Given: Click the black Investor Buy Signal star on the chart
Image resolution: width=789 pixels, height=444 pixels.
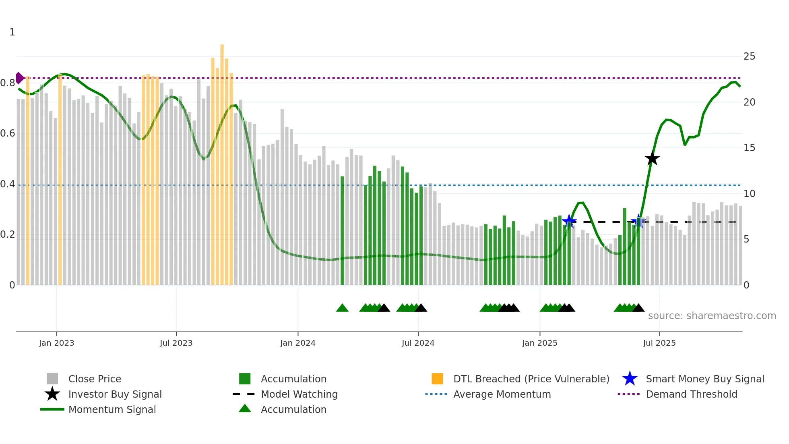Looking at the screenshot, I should [652, 158].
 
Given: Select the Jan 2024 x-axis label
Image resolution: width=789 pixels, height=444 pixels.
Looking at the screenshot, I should [297, 343].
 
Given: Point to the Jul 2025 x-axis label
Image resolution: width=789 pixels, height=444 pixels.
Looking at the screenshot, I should [659, 343].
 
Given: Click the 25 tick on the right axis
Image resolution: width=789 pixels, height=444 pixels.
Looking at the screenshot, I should [749, 56].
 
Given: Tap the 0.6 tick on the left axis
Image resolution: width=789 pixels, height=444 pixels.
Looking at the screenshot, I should [8, 133].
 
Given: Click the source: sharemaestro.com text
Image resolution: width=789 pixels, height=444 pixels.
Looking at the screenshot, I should [712, 316].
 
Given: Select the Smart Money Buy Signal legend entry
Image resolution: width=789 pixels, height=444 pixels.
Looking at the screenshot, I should [704, 379].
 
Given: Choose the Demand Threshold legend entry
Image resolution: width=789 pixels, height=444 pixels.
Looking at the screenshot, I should [691, 394].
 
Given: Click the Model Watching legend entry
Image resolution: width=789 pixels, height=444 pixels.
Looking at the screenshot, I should [299, 394].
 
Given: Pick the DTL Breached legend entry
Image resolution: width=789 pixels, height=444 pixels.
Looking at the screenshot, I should [531, 379].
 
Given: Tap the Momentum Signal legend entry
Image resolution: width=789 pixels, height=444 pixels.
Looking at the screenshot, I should [112, 409].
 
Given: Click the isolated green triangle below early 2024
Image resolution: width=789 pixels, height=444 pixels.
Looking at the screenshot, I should [342, 308].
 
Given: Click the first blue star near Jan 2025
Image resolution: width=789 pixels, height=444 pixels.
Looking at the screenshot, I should [569, 221].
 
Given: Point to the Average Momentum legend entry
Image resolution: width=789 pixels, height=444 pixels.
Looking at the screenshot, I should [502, 394].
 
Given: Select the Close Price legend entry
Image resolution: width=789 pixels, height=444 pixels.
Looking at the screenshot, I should [94, 379].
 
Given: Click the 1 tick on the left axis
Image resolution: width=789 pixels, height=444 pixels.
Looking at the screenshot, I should [12, 32].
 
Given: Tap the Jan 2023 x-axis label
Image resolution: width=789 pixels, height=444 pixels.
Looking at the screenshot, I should [56, 343].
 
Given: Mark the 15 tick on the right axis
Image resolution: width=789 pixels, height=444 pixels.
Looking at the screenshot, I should [749, 148].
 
